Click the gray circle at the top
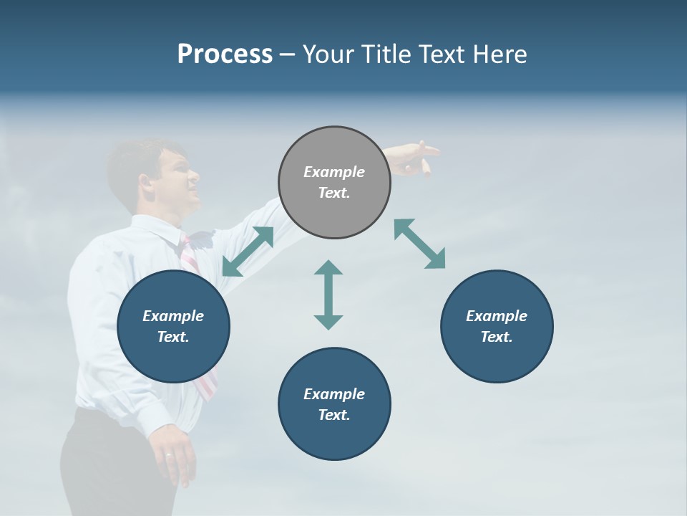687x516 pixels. point(334,183)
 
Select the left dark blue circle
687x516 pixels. point(173,327)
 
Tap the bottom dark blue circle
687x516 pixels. point(334,404)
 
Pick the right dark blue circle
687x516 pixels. point(497,327)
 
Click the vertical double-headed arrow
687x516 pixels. point(328,295)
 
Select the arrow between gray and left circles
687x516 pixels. point(248,252)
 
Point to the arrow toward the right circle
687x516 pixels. point(420,244)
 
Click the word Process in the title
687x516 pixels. point(225,54)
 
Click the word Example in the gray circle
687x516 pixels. point(334,172)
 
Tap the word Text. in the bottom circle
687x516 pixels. point(334,415)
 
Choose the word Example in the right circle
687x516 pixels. point(497,316)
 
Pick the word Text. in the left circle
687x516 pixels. point(173,337)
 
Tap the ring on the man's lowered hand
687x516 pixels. point(168,454)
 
